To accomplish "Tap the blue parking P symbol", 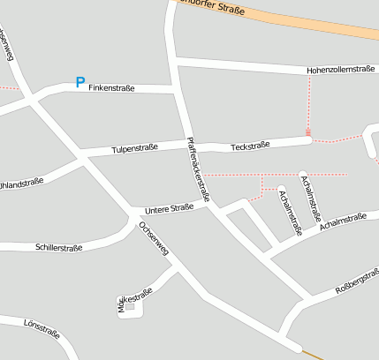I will [80, 83].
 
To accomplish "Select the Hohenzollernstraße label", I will [340, 68].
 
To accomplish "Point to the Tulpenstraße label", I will [134, 148].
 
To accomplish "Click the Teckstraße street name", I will [249, 146].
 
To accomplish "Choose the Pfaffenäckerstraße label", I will [198, 169].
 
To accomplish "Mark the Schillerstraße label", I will [58, 247].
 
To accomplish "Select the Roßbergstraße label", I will [358, 282].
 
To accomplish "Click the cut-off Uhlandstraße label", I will [21, 183].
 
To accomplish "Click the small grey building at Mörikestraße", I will [130, 306].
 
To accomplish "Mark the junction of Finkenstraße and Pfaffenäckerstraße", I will [177, 89].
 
